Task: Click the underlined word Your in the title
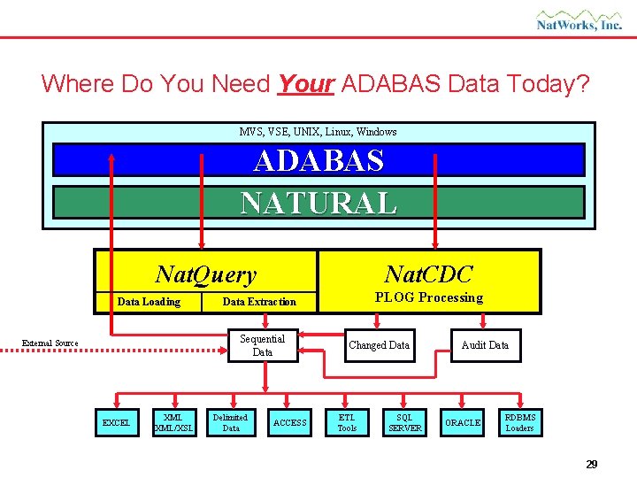(x=304, y=84)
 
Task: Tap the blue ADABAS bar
(x=318, y=160)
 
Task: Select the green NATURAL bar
(x=318, y=203)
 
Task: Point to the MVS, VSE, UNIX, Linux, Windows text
(x=318, y=132)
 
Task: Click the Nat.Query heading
(x=205, y=275)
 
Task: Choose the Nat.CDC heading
(x=429, y=274)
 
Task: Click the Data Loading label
(x=149, y=302)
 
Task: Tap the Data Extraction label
(x=259, y=302)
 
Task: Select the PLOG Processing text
(x=429, y=297)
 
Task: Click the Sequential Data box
(x=262, y=345)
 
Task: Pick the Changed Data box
(x=379, y=345)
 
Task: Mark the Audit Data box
(x=485, y=345)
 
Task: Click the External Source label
(x=50, y=343)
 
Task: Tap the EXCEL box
(x=116, y=423)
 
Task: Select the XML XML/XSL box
(x=173, y=423)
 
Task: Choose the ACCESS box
(x=289, y=423)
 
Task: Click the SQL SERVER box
(x=404, y=423)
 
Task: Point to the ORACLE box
(x=463, y=423)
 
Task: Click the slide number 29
(x=591, y=464)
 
